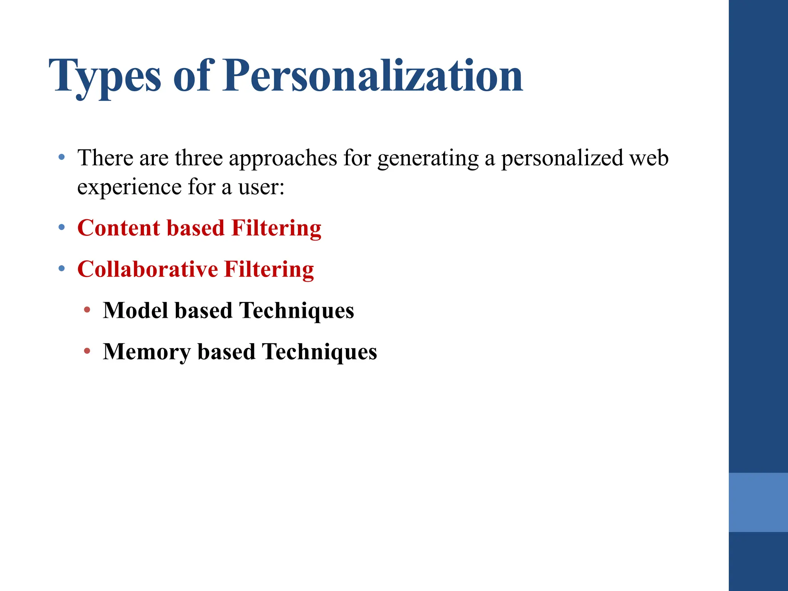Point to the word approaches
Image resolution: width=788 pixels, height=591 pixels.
click(x=283, y=158)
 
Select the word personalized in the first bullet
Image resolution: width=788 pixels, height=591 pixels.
click(x=562, y=158)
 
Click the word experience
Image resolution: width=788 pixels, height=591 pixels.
click(x=129, y=187)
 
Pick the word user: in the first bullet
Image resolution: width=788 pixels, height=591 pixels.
click(x=261, y=187)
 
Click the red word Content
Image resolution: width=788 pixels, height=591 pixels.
click(x=119, y=228)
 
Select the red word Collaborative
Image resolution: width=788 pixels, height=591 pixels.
click(x=147, y=269)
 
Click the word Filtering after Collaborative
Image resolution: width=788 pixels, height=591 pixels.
click(x=269, y=269)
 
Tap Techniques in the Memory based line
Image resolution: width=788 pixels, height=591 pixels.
click(x=319, y=352)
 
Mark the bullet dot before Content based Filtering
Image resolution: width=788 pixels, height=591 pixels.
click(x=62, y=228)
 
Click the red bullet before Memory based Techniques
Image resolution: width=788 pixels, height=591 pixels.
click(x=87, y=351)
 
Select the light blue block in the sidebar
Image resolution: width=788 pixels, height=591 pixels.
click(x=758, y=502)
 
